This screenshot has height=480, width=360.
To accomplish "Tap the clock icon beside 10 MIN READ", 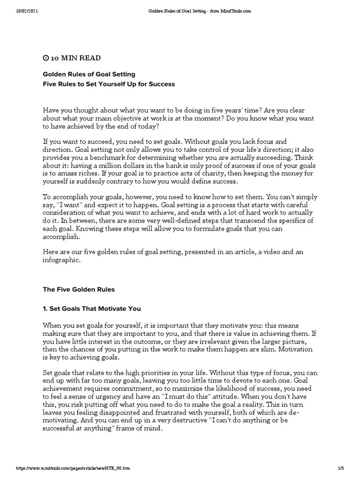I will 45,58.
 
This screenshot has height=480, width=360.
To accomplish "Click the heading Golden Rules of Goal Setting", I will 89,74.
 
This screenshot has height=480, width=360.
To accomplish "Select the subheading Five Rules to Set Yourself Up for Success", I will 109,84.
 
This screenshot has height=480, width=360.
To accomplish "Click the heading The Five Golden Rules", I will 79,290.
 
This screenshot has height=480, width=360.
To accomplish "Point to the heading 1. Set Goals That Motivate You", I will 92,309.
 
